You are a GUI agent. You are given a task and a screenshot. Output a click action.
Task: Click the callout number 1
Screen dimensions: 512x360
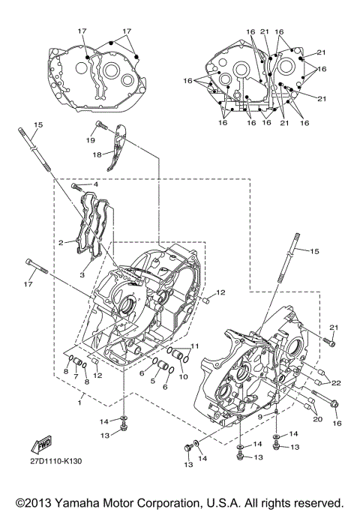[x=79, y=403]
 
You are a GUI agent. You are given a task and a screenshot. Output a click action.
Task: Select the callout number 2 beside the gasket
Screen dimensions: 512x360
[x=61, y=243]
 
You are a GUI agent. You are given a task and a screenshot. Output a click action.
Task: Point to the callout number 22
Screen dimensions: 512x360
[x=335, y=383]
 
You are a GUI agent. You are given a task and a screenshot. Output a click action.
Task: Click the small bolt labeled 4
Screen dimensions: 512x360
[x=76, y=184]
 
